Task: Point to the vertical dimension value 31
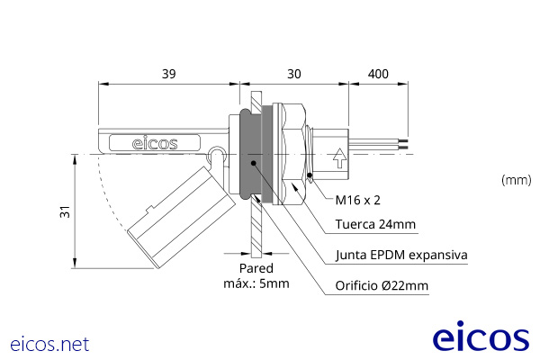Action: (x=64, y=212)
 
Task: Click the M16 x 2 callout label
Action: (x=364, y=200)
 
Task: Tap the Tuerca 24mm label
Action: (x=374, y=225)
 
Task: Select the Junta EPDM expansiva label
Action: (x=400, y=256)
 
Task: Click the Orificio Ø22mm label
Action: (x=382, y=287)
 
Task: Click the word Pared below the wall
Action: (x=256, y=268)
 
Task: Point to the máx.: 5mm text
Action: (x=256, y=284)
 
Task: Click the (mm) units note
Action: (x=515, y=180)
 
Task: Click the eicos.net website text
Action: (x=49, y=343)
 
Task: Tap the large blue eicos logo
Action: (x=481, y=337)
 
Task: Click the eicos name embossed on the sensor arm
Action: (x=155, y=142)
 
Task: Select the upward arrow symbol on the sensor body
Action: (x=338, y=159)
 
